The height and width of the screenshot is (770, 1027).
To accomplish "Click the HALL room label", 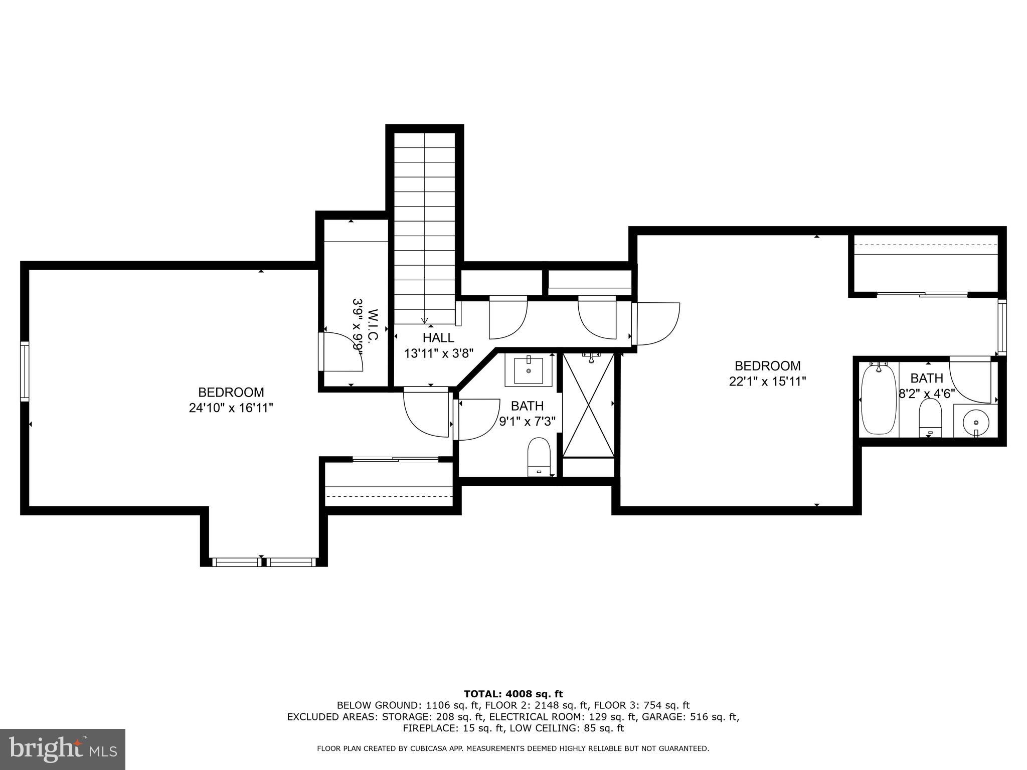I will pos(438,337).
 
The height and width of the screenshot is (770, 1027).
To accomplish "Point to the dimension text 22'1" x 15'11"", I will pos(767,381).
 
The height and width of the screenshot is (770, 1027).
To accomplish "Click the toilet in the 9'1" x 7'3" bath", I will pos(539,456).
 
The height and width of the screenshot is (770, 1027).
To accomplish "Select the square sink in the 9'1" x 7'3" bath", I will pos(529,370).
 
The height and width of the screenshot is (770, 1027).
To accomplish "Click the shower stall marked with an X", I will pos(588,405).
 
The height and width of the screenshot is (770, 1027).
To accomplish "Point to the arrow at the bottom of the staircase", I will pos(424,320).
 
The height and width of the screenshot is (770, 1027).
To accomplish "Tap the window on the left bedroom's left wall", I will pos(25,371).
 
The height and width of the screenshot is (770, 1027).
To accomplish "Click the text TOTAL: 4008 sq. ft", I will pos(513,694).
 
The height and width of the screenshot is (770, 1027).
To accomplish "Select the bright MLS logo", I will pos(63,749).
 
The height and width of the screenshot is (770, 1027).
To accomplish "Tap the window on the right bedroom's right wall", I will pos(1001,327).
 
